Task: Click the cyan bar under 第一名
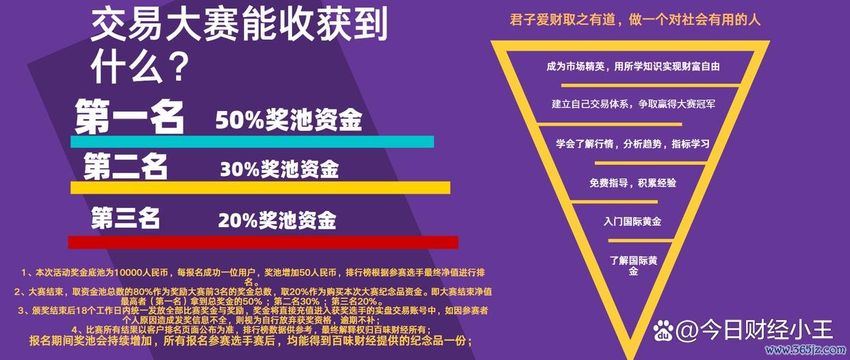252,142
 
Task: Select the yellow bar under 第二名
260,188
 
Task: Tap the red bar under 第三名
263,242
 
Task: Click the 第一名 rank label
130,116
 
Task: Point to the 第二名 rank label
126,166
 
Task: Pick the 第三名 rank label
126,218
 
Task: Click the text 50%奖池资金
288,120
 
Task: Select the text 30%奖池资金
279,169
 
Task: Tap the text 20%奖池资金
277,220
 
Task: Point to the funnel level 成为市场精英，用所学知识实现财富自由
633,67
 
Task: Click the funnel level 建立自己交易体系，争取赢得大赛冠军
633,104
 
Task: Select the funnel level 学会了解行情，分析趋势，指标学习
632,144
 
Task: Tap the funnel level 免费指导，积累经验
632,183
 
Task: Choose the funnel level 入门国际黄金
632,222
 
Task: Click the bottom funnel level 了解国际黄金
633,266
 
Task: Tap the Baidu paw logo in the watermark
664,331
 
